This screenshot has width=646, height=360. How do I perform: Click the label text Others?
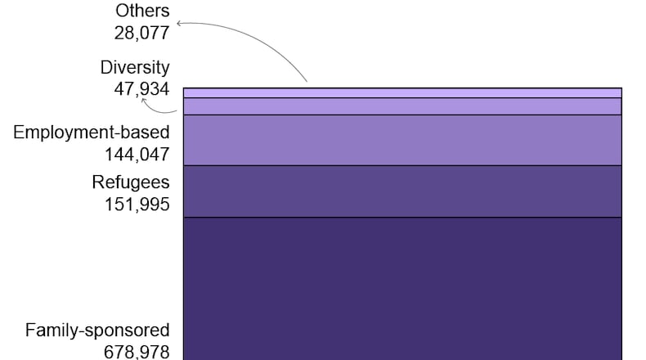pos(142,11)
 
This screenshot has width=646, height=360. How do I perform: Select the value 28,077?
pos(141,33)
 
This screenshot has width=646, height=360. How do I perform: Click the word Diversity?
pos(135,67)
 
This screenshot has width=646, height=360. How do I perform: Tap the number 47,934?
pos(141,88)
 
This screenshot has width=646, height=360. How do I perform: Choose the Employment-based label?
pos(92,133)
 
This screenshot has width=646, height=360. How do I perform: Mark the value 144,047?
pos(137,154)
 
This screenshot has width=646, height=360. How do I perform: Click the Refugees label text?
pos(131,182)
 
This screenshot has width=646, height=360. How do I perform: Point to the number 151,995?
pos(137,205)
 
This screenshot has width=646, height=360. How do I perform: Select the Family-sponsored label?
pos(97,331)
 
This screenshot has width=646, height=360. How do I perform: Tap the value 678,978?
pos(137,352)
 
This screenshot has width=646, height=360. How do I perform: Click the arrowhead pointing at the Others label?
pos(179,24)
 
